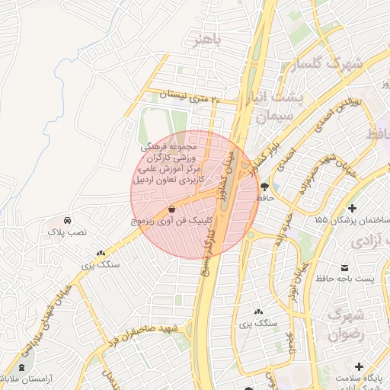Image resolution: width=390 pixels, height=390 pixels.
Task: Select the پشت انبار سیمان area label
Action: pyautogui.click(x=280, y=107)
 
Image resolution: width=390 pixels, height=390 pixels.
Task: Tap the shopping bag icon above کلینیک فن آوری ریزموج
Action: pyautogui.click(x=171, y=209)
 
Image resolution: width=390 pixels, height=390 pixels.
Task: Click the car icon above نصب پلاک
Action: pyautogui.click(x=69, y=219)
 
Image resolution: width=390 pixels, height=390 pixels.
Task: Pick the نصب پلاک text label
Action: pyautogui.click(x=69, y=230)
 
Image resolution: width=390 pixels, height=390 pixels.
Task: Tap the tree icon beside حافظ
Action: pyautogui.click(x=264, y=186)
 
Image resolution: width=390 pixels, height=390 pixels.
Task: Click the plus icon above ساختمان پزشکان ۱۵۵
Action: pyautogui.click(x=352, y=208)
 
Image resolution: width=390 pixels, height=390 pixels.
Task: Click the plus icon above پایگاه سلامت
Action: pyautogui.click(x=359, y=366)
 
